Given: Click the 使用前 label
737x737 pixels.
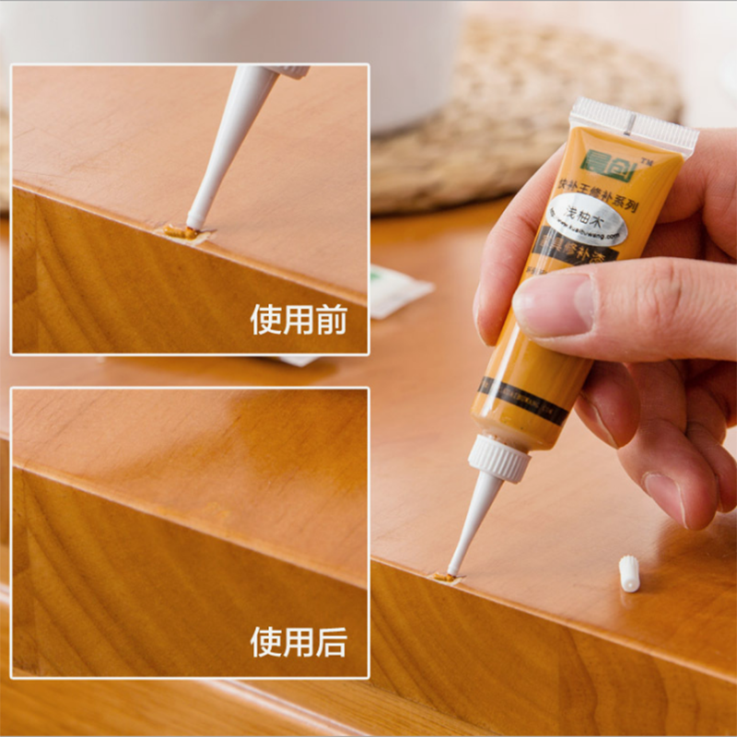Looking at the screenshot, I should click(x=298, y=320).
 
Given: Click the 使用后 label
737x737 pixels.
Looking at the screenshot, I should click(x=298, y=642).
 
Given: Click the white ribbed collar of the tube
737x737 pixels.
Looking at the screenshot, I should click(x=500, y=458).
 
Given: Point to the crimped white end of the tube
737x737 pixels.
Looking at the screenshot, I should click(x=635, y=123).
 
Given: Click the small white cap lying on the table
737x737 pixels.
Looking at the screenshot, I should click(x=629, y=573).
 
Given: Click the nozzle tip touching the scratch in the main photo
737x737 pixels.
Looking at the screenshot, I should click(x=450, y=572).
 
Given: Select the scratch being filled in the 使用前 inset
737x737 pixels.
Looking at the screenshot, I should click(x=181, y=233).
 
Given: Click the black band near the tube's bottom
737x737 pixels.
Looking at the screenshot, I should click(x=522, y=402).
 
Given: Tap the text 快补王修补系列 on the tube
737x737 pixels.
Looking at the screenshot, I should click(x=598, y=194).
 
